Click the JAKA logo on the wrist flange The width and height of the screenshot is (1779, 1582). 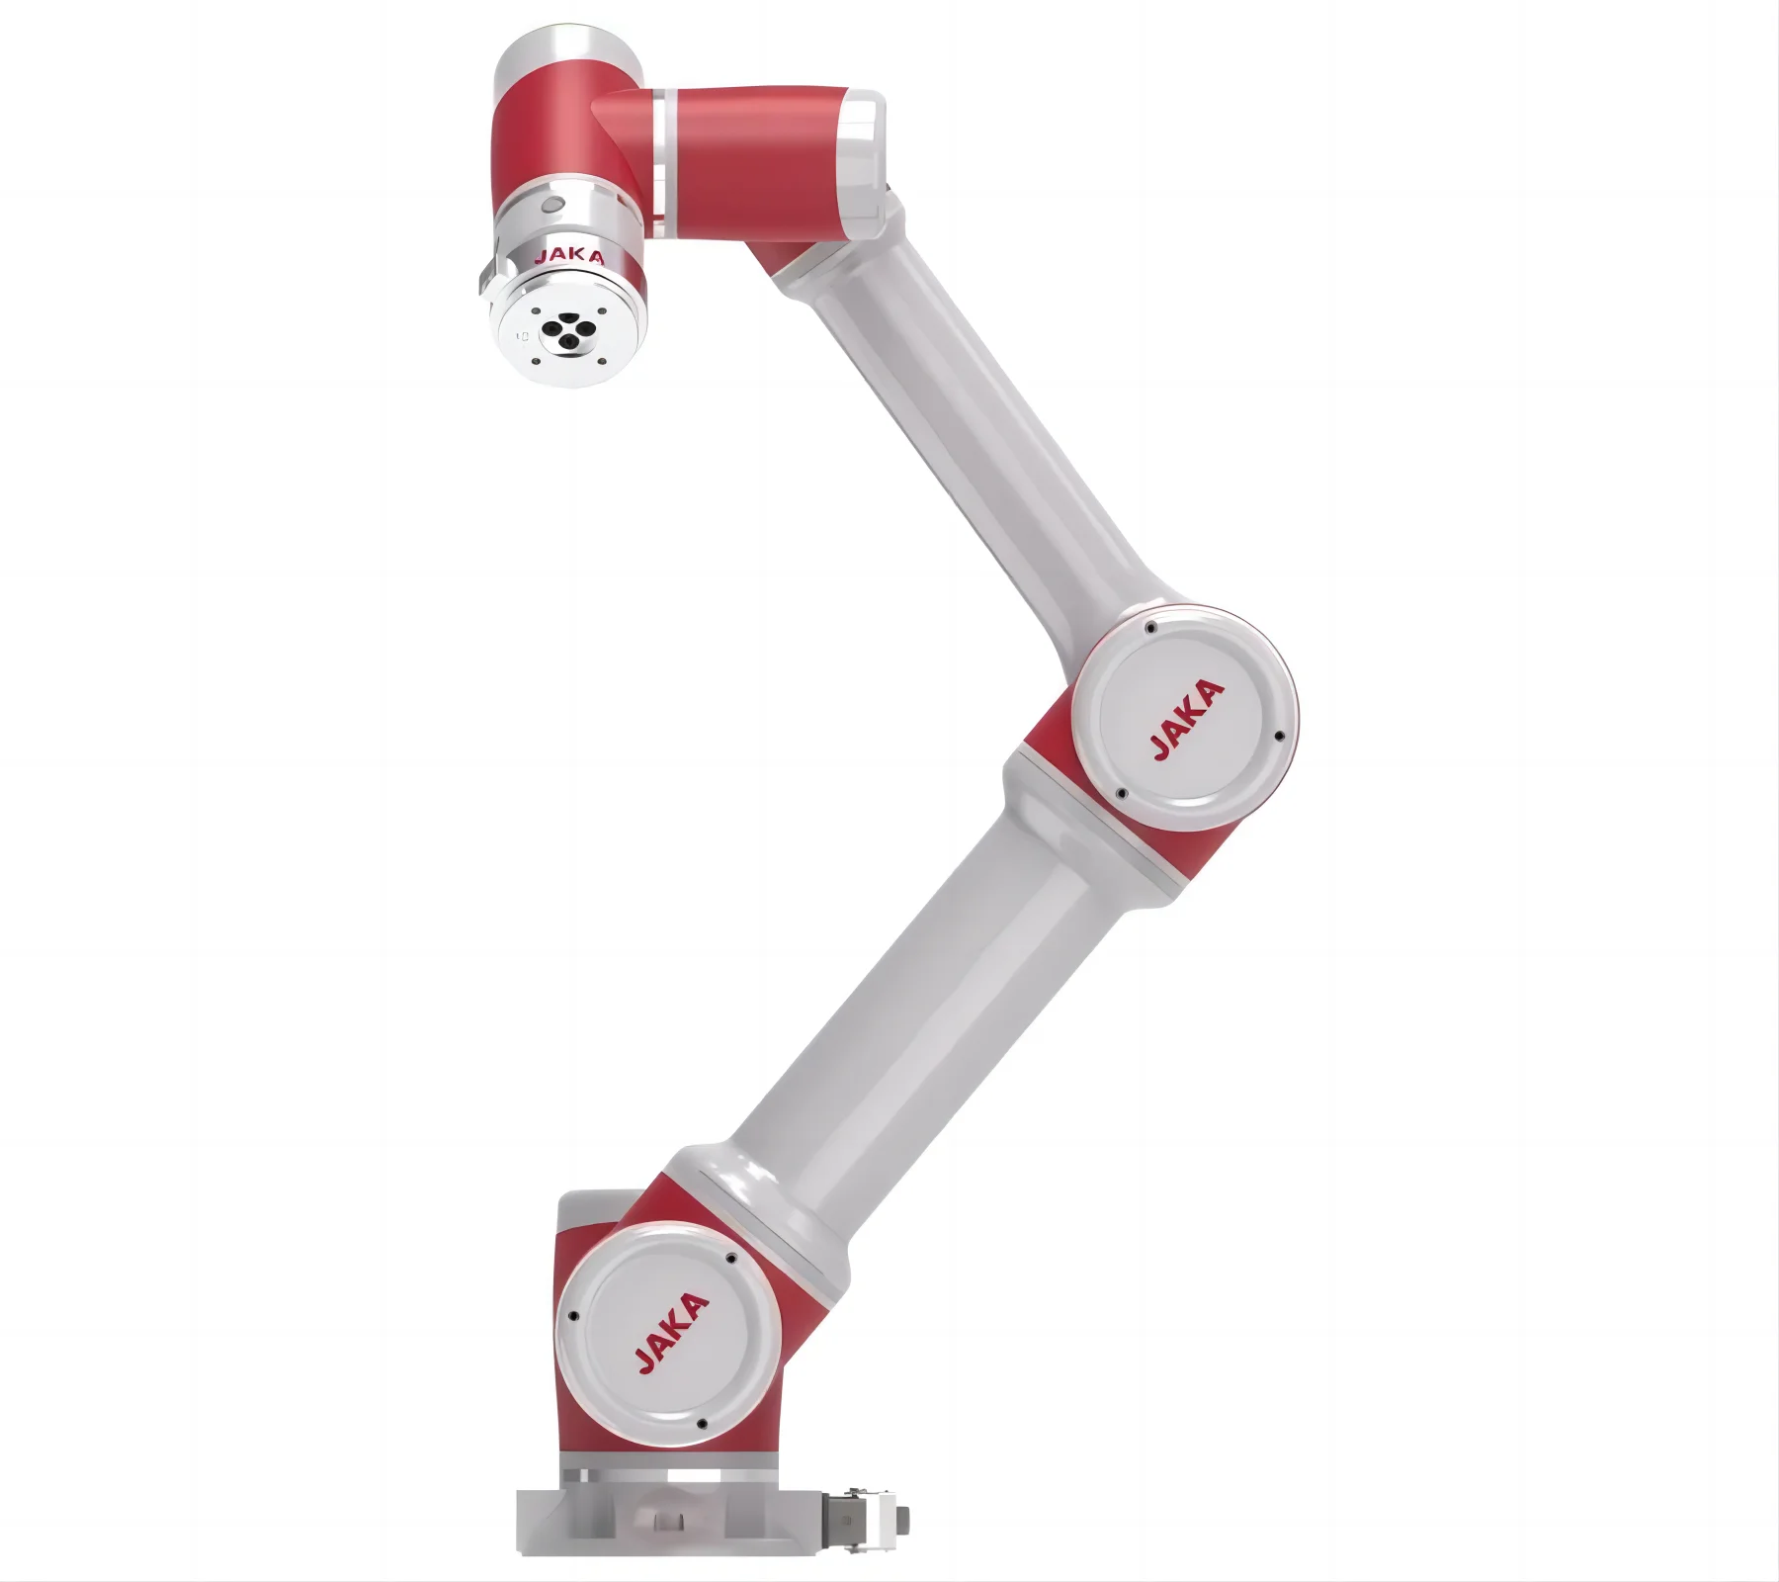[568, 257]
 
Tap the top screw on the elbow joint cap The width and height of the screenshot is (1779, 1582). [1149, 628]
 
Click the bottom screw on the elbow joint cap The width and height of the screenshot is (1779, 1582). [1121, 793]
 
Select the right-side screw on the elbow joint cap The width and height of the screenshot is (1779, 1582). [1278, 737]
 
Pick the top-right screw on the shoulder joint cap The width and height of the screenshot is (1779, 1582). [731, 1259]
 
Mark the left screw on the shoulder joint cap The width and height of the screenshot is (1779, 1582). [571, 1317]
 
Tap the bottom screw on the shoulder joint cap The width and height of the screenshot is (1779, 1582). [701, 1425]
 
